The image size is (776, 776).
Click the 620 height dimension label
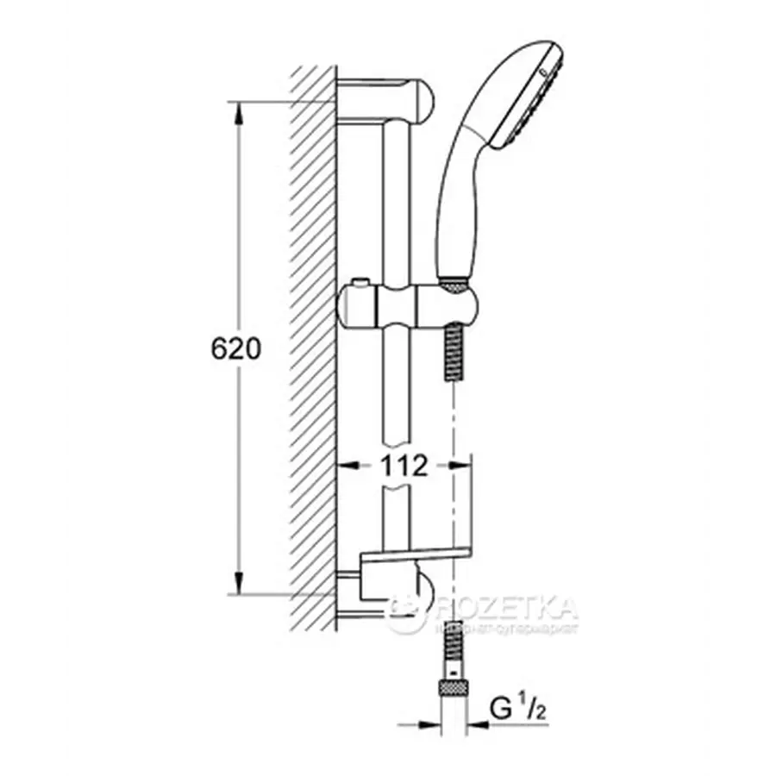235,349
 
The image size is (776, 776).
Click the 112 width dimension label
403,466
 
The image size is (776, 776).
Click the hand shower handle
461,198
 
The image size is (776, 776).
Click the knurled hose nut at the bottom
453,687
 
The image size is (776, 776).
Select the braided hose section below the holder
452,354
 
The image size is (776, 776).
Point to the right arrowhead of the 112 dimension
444,466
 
